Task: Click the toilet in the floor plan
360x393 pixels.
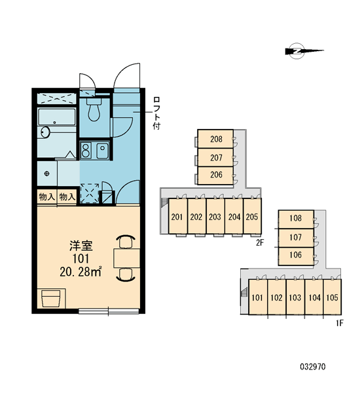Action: tap(94, 109)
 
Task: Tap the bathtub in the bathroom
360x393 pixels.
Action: tap(56, 117)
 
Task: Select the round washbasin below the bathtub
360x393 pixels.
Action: tap(46, 132)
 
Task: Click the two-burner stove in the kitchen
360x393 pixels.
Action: tap(86, 151)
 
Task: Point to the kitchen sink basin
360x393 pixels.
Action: tap(102, 151)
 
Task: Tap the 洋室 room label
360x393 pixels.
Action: tap(81, 246)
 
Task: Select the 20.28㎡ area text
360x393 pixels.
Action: tap(81, 272)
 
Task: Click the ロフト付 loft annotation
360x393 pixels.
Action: tap(156, 113)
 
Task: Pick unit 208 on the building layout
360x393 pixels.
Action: tap(216, 139)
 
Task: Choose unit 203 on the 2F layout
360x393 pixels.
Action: tap(215, 217)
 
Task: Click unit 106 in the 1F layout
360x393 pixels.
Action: tap(296, 255)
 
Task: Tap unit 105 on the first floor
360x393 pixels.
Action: tap(333, 297)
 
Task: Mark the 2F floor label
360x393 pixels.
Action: tap(260, 242)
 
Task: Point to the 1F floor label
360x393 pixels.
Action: tap(340, 324)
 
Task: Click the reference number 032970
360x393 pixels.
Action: tap(313, 367)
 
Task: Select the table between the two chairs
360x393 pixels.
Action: tap(127, 258)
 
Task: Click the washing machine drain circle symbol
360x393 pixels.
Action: tap(47, 174)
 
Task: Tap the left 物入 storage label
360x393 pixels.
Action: tap(47, 196)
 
